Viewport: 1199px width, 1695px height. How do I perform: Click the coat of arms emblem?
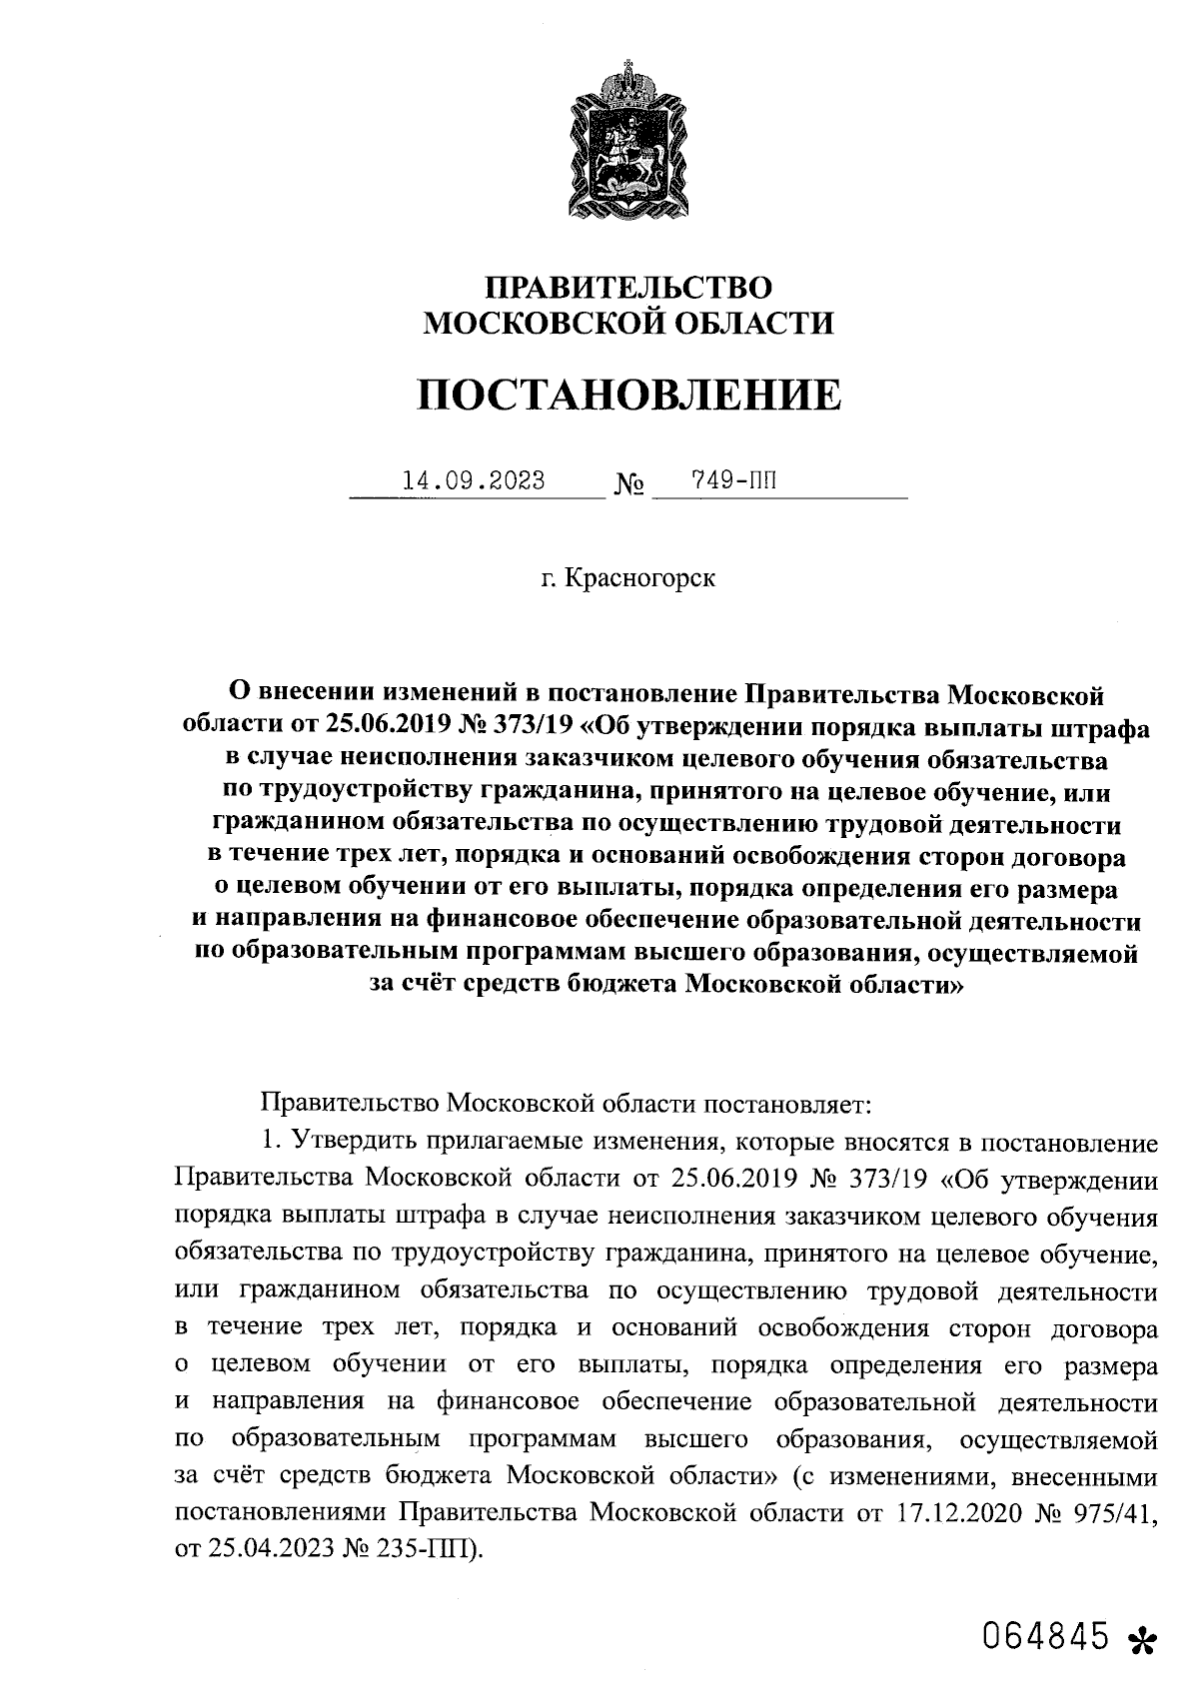[628, 141]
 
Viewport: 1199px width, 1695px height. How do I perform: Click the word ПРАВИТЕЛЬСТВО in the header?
[628, 289]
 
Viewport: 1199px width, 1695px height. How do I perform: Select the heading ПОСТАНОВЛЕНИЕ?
[628, 396]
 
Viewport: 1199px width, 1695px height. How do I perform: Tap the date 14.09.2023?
[473, 481]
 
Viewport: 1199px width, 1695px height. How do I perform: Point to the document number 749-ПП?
[733, 481]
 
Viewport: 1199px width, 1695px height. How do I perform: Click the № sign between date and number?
[629, 486]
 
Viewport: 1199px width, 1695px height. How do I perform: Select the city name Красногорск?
[640, 578]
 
